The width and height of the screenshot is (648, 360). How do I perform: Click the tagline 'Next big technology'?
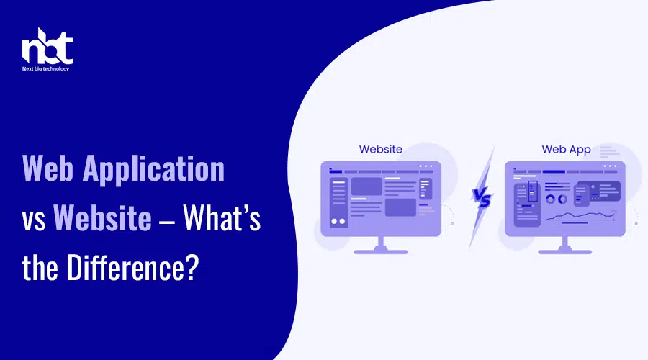(46, 69)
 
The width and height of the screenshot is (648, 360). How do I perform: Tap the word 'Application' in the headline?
(153, 169)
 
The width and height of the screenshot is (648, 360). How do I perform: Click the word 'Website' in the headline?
(102, 218)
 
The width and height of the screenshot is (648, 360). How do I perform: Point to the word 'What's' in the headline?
(222, 217)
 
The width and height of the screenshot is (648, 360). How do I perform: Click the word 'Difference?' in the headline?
(132, 267)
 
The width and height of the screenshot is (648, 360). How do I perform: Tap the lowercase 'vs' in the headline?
(33, 221)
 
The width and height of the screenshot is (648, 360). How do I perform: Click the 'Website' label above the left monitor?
(381, 149)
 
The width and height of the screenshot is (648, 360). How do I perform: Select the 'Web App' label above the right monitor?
(566, 150)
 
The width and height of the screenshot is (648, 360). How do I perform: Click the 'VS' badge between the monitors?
(482, 199)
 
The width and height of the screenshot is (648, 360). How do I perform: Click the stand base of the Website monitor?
(381, 251)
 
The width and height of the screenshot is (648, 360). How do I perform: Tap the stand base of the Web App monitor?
(565, 251)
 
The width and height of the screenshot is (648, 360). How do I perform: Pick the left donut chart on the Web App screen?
(550, 199)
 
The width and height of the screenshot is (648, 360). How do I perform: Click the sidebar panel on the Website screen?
(339, 202)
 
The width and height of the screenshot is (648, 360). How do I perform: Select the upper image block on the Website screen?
(366, 186)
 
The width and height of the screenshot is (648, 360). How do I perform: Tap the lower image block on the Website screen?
(400, 207)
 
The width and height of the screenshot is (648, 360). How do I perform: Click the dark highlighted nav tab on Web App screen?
(554, 171)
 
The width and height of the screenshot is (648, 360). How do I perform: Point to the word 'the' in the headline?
(40, 268)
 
